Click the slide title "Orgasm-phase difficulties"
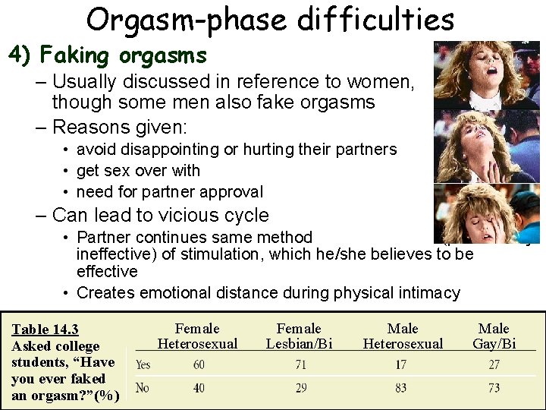[x=270, y=19]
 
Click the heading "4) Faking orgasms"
[x=107, y=55]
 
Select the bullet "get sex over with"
[x=138, y=171]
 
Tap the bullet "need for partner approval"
[x=170, y=192]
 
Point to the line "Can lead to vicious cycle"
[x=160, y=215]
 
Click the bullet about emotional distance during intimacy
[x=268, y=292]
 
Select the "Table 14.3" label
[x=45, y=329]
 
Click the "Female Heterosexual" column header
[x=197, y=336]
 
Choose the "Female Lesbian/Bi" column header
[x=299, y=336]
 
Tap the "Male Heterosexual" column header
[x=403, y=336]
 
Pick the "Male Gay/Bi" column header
[x=494, y=336]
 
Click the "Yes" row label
[x=143, y=364]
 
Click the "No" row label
[x=142, y=388]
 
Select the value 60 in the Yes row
[x=199, y=364]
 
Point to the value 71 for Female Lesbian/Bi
[x=301, y=364]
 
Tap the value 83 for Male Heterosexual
[x=400, y=388]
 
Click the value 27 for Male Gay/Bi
[x=494, y=364]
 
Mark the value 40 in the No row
[x=199, y=388]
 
